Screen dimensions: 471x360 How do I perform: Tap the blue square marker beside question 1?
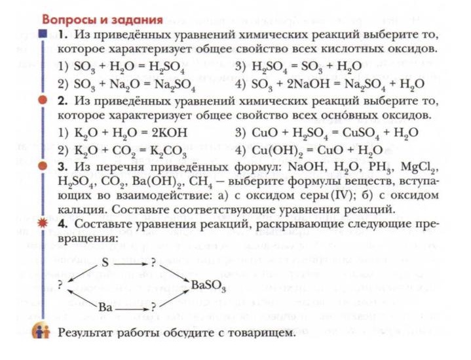[x=43, y=32]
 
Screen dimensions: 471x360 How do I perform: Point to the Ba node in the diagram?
[x=104, y=307]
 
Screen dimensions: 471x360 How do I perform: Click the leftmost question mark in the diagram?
[x=61, y=285]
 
